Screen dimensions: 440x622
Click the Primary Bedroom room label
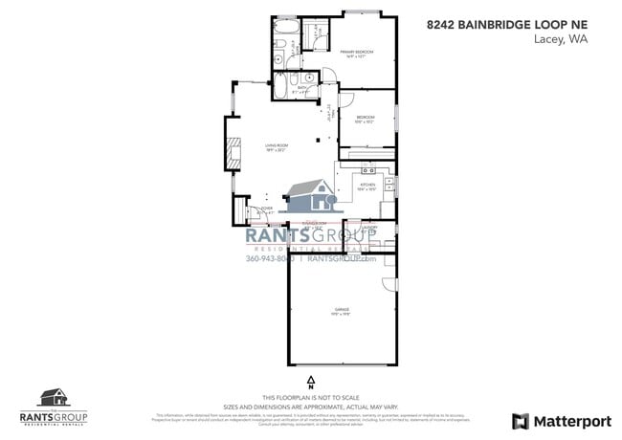point(356,53)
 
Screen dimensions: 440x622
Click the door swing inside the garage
point(389,284)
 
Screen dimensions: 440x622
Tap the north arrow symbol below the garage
point(311,382)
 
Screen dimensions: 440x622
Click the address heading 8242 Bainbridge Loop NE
point(507,24)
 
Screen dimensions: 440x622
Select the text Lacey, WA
point(564,40)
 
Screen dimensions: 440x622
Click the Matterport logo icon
point(521,421)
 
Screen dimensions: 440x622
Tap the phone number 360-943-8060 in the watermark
point(270,258)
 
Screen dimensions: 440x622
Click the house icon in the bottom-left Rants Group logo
point(54,397)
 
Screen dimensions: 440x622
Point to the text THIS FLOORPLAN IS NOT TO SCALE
point(311,398)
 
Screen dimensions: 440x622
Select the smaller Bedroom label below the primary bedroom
point(365,119)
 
